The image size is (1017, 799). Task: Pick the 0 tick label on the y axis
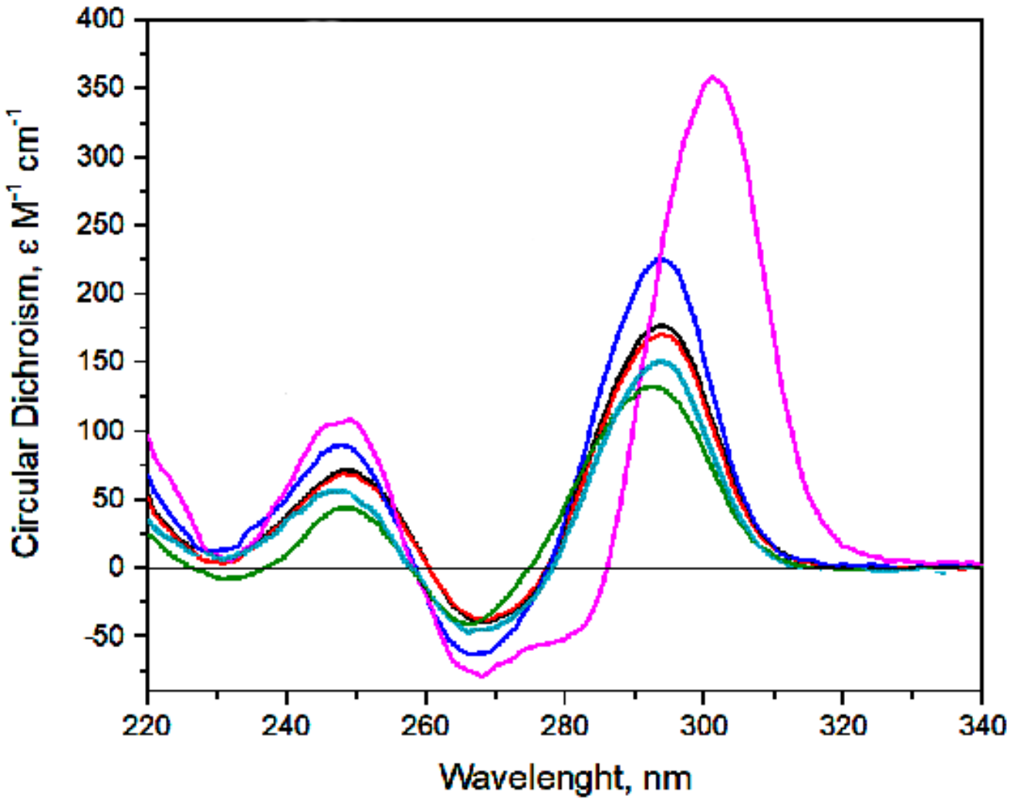(x=117, y=567)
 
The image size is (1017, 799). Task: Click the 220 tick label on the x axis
(x=147, y=725)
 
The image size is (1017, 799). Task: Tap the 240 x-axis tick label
(x=286, y=725)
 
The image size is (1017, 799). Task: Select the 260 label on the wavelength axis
(x=425, y=725)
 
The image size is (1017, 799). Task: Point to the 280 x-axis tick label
(x=564, y=725)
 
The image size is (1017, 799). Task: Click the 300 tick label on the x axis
(x=703, y=725)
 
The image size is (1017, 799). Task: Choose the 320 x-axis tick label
(x=842, y=725)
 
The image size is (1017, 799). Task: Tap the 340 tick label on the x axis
(x=981, y=725)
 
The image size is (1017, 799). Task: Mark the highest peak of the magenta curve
(x=712, y=76)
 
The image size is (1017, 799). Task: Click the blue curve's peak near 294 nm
(x=661, y=258)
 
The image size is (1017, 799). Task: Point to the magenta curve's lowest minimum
(x=482, y=676)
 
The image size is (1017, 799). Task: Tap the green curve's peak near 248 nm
(x=346, y=507)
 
